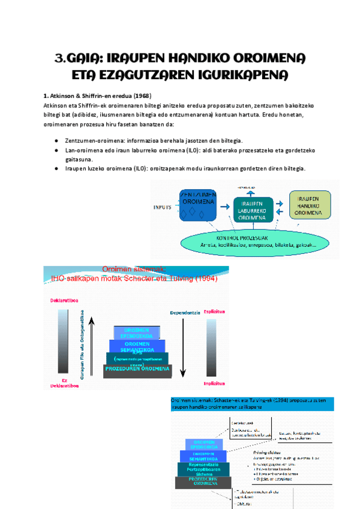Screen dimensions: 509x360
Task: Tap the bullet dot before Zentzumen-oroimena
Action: point(56,139)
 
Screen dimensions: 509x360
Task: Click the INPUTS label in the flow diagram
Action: point(163,207)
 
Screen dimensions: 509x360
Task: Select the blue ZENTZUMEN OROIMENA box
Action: point(199,205)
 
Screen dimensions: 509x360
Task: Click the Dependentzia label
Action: point(184,312)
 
